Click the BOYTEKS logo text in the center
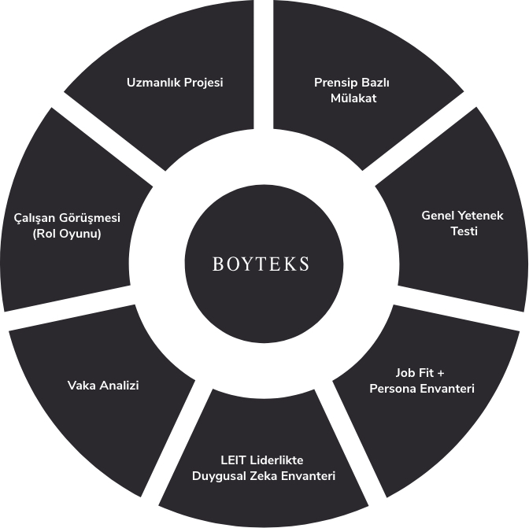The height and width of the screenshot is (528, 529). coord(261,264)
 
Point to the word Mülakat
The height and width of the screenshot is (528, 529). coord(353,98)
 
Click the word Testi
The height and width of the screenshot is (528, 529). coord(464,231)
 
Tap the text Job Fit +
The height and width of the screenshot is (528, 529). coord(420,373)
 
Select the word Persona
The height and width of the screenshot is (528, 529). coord(392,389)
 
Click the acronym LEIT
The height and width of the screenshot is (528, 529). coord(231,460)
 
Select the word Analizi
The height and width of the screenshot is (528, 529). coord(119,386)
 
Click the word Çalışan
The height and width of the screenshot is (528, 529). coord(35,218)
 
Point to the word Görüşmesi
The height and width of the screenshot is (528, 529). coord(90,218)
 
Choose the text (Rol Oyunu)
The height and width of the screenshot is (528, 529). coord(67,234)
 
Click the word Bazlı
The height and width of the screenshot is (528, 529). coord(375,83)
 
